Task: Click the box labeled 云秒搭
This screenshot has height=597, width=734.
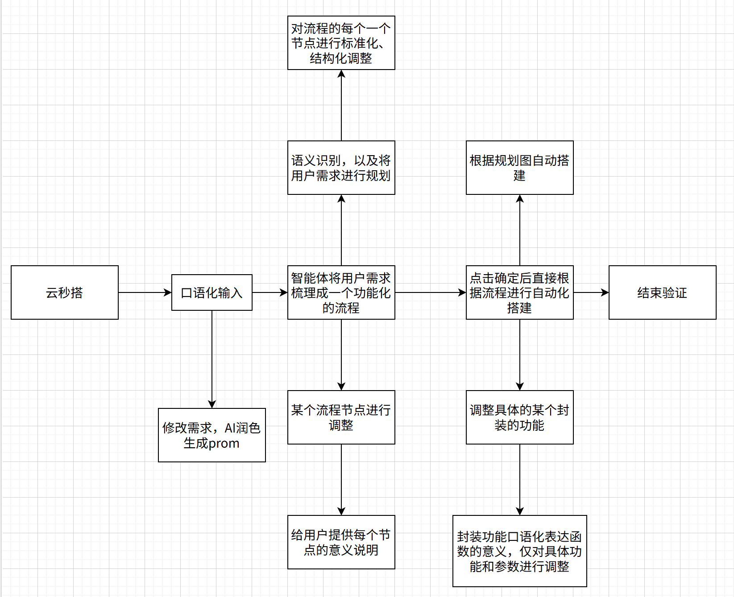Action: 65,292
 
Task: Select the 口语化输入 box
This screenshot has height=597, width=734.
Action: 212,292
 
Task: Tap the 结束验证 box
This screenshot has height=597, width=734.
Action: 662,292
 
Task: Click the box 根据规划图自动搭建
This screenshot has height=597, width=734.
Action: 519,168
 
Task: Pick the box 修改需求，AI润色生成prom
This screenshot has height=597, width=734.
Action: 212,435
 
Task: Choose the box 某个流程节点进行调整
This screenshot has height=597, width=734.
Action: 341,417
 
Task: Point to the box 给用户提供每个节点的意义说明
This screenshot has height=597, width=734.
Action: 341,542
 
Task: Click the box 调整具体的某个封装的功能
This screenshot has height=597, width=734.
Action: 519,417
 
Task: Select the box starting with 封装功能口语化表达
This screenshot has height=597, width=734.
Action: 519,551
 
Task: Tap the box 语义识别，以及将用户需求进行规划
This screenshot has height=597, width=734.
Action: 341,168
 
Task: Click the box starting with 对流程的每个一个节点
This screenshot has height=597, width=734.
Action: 341,43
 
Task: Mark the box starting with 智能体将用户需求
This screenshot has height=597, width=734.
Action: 341,292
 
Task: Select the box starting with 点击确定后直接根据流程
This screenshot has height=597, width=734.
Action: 519,292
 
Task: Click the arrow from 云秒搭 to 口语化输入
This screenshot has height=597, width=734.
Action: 145,292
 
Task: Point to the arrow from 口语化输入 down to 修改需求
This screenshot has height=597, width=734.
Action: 212,359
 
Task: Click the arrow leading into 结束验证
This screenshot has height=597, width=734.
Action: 591,292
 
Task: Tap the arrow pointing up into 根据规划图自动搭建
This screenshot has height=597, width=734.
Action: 519,230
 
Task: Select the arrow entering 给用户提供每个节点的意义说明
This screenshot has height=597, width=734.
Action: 341,480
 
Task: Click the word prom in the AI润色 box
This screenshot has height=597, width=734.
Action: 224,444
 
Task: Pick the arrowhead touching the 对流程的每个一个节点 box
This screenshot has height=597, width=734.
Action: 341,74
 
